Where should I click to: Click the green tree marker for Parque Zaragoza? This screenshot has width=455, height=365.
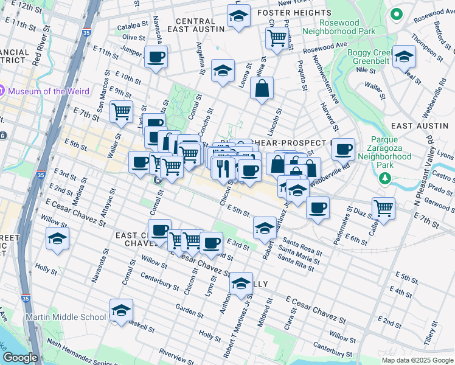(384, 178)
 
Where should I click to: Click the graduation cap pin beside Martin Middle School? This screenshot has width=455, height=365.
(121, 311)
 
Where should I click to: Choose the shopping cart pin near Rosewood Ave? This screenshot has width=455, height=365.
(277, 38)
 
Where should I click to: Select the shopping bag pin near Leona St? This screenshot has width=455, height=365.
(262, 89)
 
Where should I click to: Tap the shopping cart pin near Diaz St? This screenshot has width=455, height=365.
(383, 208)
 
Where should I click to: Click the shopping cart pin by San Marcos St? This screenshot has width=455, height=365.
(122, 112)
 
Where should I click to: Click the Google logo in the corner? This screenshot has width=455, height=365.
(19, 358)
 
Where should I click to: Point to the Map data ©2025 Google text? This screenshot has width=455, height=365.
(417, 360)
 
